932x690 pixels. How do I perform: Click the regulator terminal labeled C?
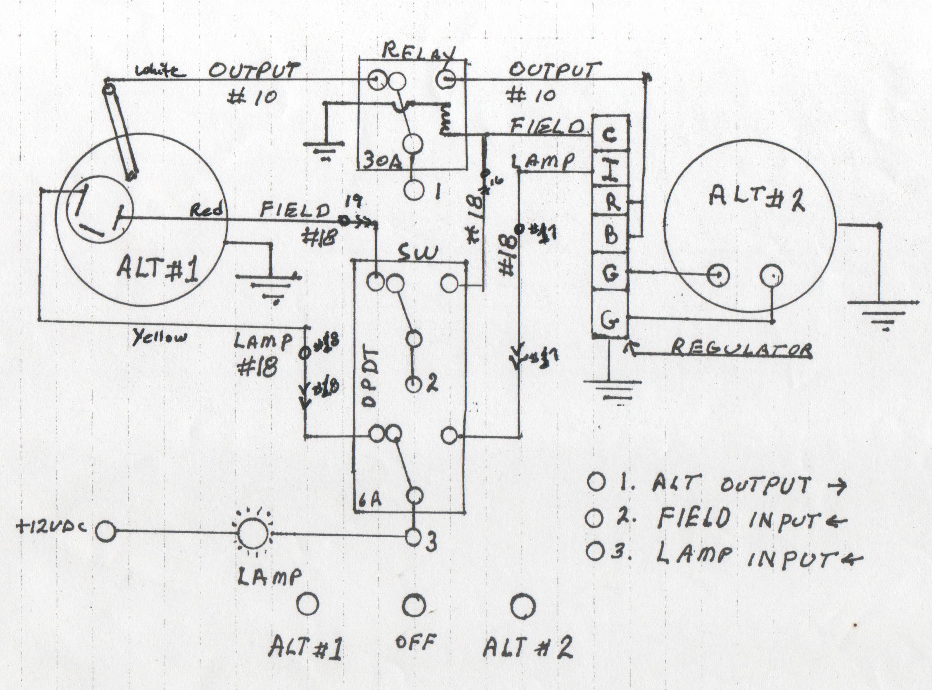click(x=610, y=135)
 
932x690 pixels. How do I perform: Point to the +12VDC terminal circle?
click(x=105, y=532)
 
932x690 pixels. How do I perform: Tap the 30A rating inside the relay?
click(x=381, y=161)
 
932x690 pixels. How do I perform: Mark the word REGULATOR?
click(x=741, y=349)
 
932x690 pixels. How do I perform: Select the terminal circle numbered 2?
click(x=414, y=384)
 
